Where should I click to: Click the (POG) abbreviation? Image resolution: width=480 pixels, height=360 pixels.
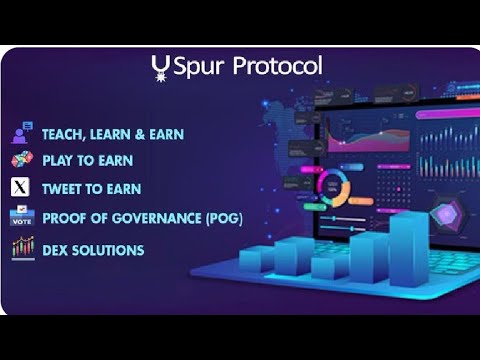(x=223, y=217)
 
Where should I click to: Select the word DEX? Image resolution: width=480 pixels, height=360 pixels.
(x=56, y=250)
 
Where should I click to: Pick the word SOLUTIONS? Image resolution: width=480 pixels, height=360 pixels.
(x=110, y=250)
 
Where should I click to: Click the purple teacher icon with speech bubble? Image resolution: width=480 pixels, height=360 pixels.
(x=22, y=132)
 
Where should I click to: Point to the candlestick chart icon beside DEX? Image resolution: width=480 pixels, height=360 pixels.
(x=22, y=248)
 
